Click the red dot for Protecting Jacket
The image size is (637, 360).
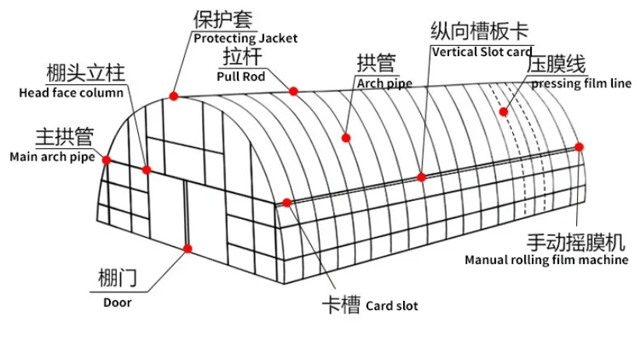[175, 95]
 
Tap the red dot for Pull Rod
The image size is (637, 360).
[294, 91]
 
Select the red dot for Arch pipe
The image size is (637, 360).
[346, 138]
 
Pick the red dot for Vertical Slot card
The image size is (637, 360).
[421, 177]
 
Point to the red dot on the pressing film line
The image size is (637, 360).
[504, 111]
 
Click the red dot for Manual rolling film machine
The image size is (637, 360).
[579, 146]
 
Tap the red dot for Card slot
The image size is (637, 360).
[287, 203]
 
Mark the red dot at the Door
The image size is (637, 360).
[187, 249]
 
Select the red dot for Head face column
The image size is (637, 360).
[147, 169]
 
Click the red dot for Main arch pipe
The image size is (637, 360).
[106, 160]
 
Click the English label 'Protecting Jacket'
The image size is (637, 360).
[245, 38]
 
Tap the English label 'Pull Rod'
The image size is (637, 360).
[242, 76]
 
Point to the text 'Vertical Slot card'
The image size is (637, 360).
[482, 51]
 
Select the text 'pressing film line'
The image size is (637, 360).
[581, 84]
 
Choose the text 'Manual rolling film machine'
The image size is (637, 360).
[546, 260]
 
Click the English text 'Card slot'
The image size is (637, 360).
[391, 306]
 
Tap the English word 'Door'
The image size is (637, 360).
[117, 302]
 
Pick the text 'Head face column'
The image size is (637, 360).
[71, 93]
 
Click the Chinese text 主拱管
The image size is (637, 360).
[64, 138]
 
